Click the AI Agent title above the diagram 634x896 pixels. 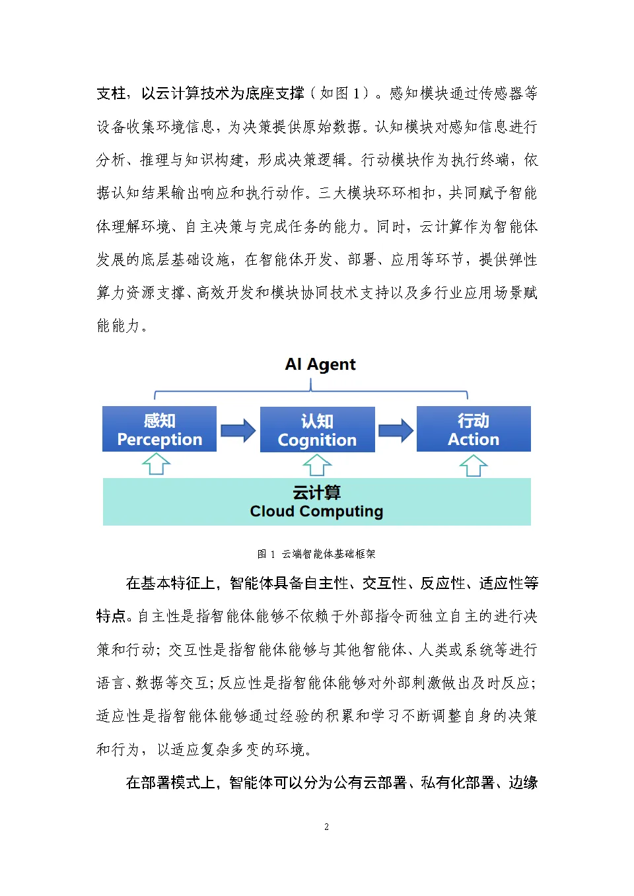(320, 364)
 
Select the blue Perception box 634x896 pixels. (159, 429)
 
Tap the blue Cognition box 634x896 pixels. (317, 430)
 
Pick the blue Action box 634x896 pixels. (474, 429)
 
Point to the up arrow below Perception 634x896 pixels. (157, 464)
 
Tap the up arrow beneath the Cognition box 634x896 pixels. (317, 465)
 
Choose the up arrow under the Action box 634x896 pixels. (474, 465)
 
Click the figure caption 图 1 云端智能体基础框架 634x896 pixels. (316, 554)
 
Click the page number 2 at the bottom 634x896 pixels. (326, 827)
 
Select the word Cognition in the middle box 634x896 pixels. (317, 440)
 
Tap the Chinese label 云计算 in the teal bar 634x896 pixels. (316, 493)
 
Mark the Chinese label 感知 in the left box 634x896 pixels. (159, 421)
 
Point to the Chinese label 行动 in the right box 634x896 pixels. (474, 421)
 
